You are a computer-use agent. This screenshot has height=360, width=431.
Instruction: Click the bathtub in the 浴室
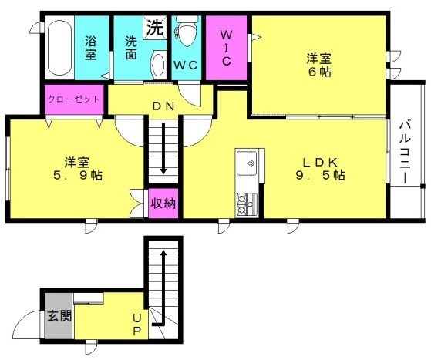tap(59, 48)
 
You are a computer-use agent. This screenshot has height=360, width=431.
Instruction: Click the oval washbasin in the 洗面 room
tap(158, 66)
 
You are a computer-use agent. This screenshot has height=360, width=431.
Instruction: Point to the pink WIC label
tap(227, 48)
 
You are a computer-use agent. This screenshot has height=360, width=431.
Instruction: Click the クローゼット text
tap(74, 99)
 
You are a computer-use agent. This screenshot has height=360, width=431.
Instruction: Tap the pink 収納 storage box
tap(163, 203)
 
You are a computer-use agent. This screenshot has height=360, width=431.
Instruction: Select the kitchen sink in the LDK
tap(247, 163)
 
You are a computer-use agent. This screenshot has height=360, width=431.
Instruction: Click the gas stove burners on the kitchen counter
tap(247, 204)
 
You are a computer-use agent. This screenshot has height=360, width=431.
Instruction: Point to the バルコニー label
tap(405, 153)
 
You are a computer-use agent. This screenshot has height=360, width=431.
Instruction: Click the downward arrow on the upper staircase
tap(163, 148)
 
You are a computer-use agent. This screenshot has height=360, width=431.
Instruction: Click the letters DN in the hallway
tap(163, 106)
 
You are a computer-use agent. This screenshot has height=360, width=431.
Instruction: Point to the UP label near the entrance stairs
tap(137, 325)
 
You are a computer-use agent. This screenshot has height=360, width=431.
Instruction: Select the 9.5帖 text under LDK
tap(321, 175)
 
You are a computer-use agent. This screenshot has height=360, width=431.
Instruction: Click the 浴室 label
tap(91, 48)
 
